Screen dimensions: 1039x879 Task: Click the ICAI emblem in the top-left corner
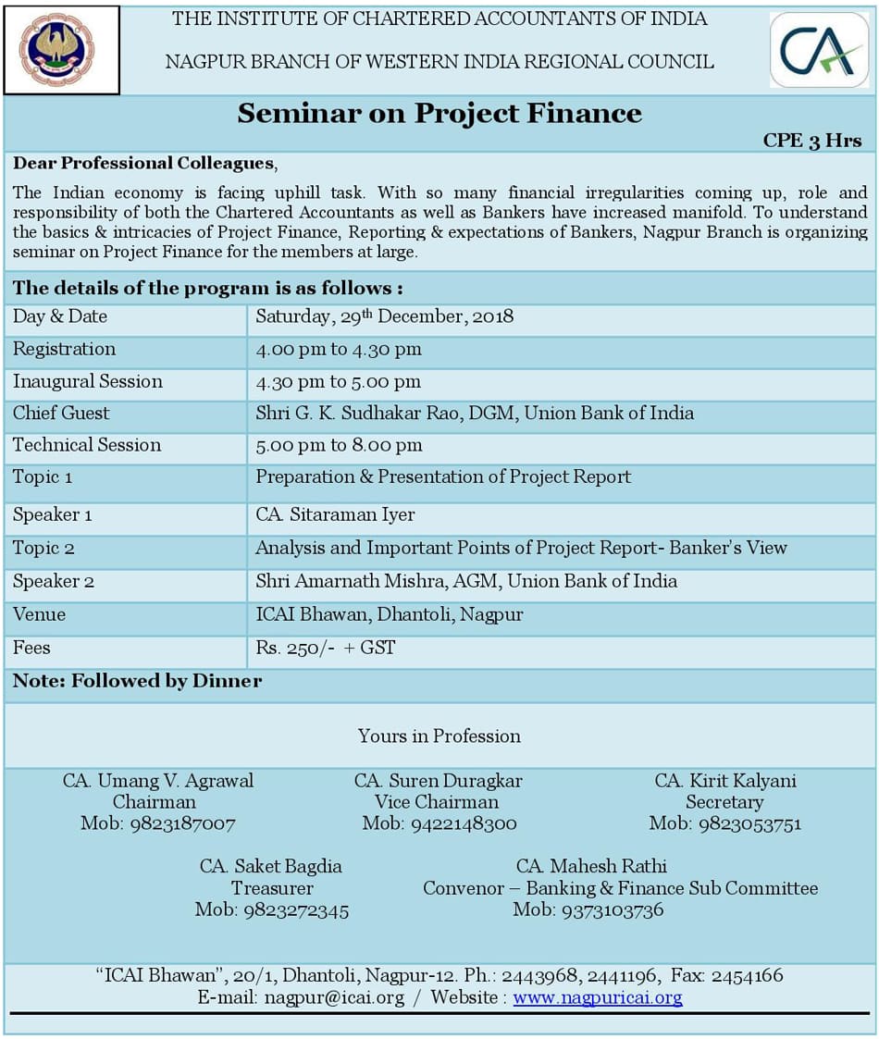pyautogui.click(x=61, y=49)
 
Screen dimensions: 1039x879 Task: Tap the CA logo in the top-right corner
pyautogui.click(x=818, y=49)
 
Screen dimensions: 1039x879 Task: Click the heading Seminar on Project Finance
pyautogui.click(x=439, y=113)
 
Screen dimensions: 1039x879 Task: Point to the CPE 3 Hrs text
pyautogui.click(x=811, y=141)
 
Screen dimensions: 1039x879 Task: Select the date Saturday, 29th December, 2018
pyautogui.click(x=384, y=316)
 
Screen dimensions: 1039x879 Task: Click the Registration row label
pyautogui.click(x=65, y=349)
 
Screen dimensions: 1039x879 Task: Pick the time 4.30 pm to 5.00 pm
pyautogui.click(x=338, y=381)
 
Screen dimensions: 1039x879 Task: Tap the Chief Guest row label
pyautogui.click(x=61, y=413)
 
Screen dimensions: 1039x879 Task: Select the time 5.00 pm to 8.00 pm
pyautogui.click(x=339, y=445)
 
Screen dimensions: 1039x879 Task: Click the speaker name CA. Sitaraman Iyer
pyautogui.click(x=335, y=514)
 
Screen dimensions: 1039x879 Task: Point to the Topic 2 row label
pyautogui.click(x=43, y=548)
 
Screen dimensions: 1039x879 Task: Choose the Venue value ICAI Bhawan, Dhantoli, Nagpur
pyautogui.click(x=389, y=614)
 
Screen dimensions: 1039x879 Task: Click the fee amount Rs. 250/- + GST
pyautogui.click(x=325, y=648)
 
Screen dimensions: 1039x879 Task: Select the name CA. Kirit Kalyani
pyautogui.click(x=724, y=781)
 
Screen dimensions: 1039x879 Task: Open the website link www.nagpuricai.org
pyautogui.click(x=598, y=997)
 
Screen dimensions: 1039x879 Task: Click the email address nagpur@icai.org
pyautogui.click(x=334, y=997)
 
